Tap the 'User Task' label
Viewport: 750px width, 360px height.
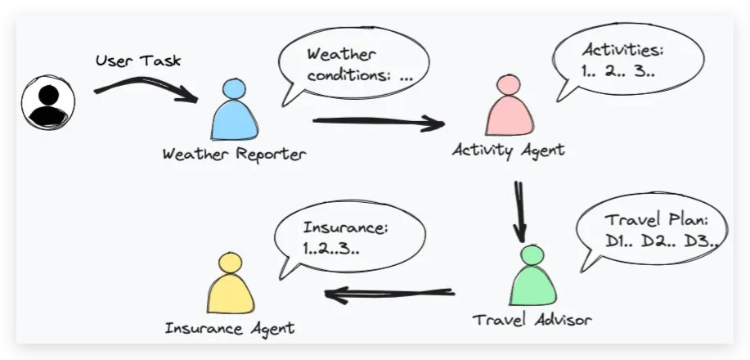(x=138, y=61)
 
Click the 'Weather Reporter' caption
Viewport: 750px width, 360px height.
(x=234, y=155)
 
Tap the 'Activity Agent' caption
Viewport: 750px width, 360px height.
(x=509, y=150)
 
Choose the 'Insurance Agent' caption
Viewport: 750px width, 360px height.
(x=230, y=328)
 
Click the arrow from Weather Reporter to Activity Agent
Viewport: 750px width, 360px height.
(x=378, y=124)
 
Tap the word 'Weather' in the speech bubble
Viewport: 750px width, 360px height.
(x=340, y=56)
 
